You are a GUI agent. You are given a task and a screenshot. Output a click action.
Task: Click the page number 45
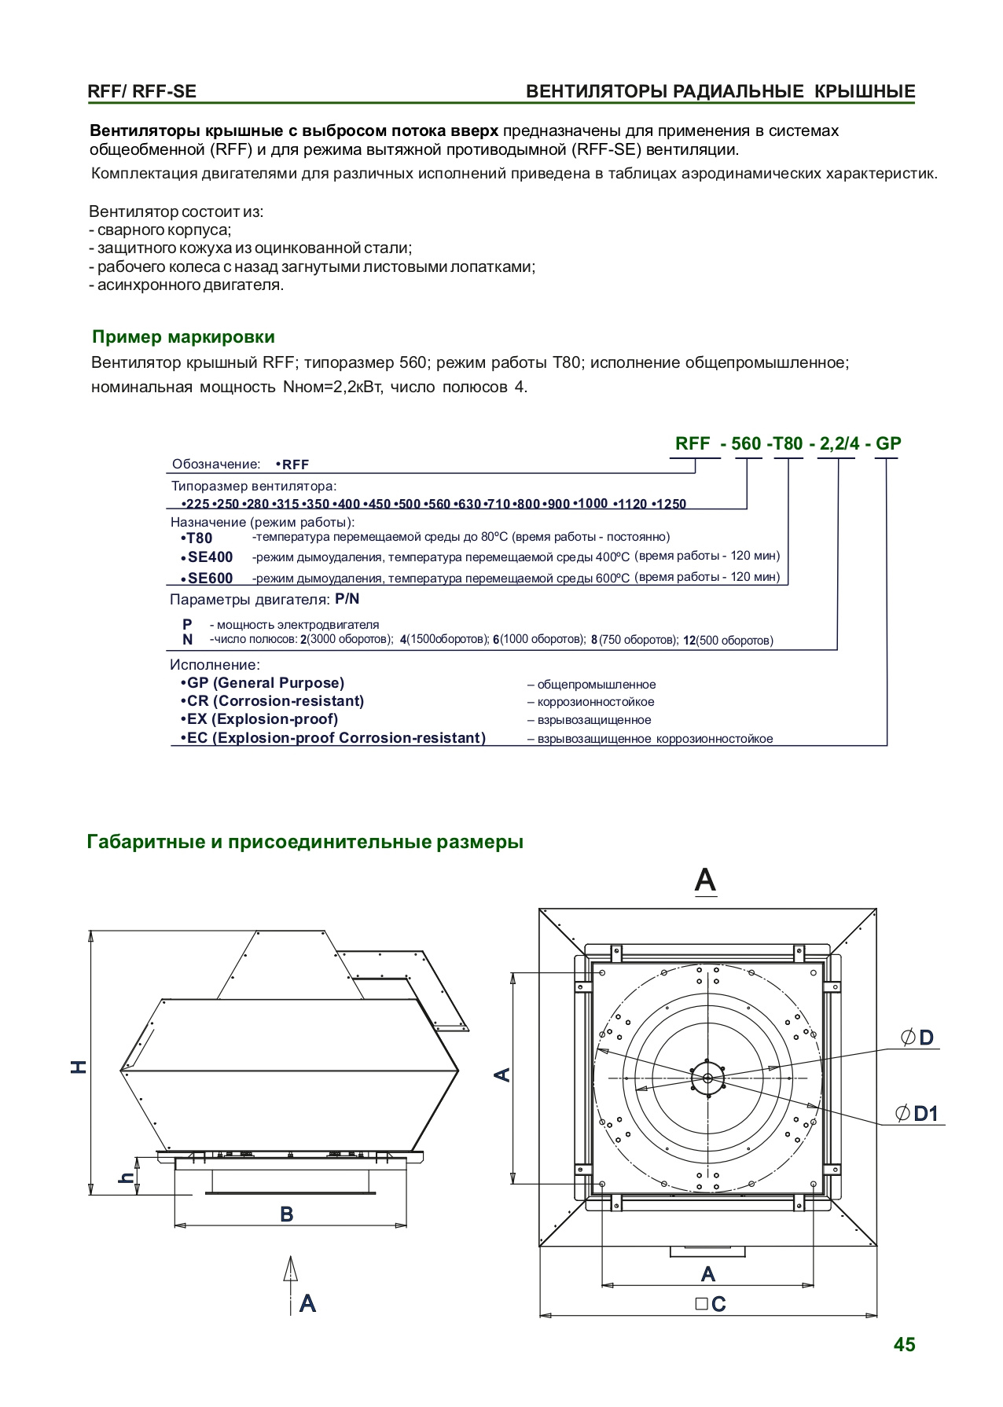[x=904, y=1345]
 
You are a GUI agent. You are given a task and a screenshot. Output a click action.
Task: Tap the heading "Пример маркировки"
[x=183, y=337]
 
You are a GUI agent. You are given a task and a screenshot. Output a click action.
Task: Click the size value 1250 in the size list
[x=671, y=504]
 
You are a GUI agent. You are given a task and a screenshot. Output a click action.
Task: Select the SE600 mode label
[x=210, y=579]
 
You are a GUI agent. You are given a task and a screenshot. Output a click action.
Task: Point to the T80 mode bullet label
[x=199, y=538]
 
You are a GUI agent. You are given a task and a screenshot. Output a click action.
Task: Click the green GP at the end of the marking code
[x=888, y=443]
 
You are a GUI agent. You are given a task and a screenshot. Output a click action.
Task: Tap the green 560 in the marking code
[x=745, y=443]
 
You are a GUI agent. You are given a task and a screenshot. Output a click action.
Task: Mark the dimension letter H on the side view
[x=79, y=1067]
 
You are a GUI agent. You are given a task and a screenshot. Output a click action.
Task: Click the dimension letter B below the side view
[x=287, y=1214]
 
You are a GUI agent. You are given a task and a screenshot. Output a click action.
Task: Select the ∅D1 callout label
[x=918, y=1114]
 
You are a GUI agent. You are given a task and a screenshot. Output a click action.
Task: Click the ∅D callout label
[x=918, y=1038]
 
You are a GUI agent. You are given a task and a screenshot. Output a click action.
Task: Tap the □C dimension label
[x=711, y=1304]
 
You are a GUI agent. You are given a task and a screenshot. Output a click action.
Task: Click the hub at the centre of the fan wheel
[x=708, y=1078]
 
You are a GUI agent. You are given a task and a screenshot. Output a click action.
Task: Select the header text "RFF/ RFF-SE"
[x=142, y=91]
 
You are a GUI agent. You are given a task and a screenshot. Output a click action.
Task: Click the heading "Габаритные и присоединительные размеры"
[x=305, y=843]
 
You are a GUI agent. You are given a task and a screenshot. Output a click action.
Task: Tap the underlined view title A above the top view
[x=705, y=880]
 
